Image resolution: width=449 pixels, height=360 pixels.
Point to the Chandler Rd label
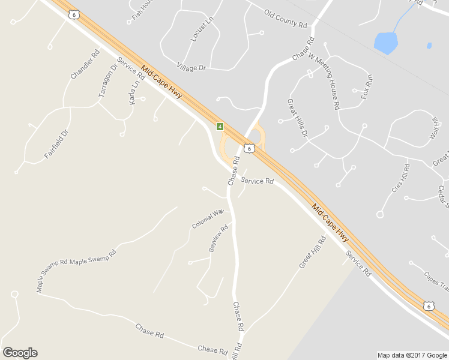[85, 65]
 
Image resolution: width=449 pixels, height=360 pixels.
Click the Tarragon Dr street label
[105, 83]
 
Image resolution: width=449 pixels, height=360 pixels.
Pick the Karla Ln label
[134, 91]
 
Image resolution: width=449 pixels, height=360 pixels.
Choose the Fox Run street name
[367, 86]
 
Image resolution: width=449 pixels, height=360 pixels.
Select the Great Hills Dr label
[297, 118]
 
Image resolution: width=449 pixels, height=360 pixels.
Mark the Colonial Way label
[208, 219]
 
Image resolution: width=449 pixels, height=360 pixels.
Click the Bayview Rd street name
[218, 239]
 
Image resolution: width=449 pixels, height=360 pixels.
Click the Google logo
[20, 353]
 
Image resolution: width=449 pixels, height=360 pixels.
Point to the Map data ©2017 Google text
[412, 355]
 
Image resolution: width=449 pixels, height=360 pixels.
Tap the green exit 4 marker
[220, 127]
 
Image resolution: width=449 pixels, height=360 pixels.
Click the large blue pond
[385, 43]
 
